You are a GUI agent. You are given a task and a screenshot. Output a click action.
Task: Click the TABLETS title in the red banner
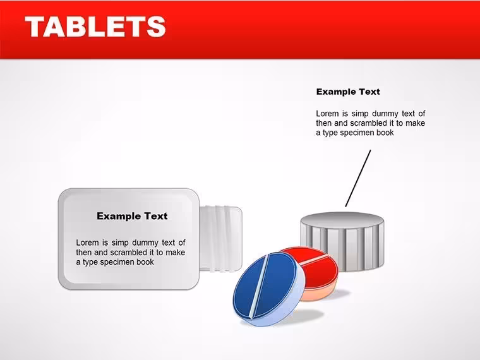95,27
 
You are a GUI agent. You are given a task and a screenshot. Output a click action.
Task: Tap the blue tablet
269,289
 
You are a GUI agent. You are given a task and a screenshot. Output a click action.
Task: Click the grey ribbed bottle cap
342,242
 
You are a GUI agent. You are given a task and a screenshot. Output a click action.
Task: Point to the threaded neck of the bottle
220,239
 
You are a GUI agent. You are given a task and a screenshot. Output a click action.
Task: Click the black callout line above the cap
358,178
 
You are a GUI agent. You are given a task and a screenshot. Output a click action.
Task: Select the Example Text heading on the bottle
132,216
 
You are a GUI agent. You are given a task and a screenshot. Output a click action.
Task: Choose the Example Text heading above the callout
348,92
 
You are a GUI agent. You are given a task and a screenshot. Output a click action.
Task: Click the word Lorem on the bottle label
87,243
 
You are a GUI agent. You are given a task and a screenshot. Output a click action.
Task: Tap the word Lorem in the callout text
328,114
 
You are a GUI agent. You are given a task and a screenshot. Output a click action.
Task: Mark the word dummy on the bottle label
145,243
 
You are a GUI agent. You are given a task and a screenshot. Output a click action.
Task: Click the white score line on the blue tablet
258,286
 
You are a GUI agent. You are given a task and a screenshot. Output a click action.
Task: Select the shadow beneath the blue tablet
303,315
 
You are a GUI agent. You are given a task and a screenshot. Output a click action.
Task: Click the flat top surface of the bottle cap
342,219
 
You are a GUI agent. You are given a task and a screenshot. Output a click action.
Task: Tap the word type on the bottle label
90,263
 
